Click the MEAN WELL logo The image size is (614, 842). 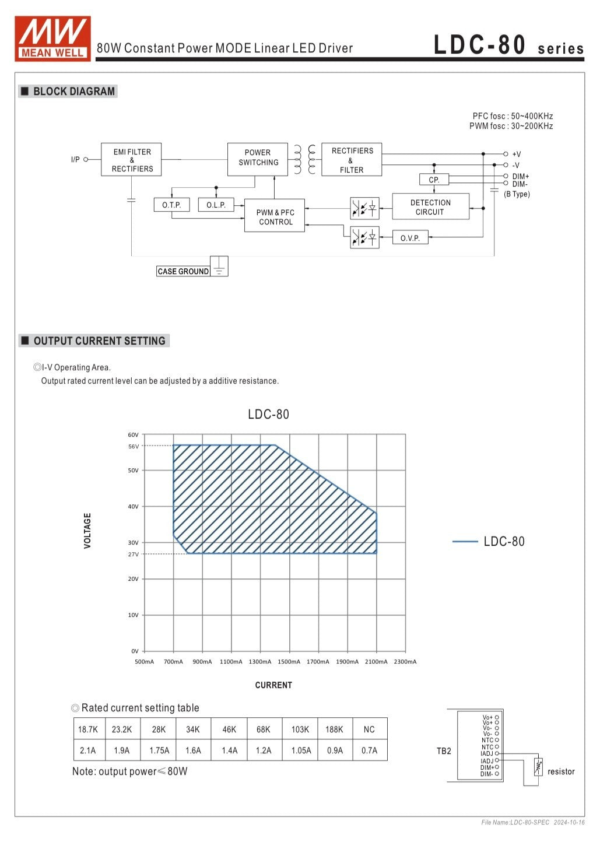(x=52, y=38)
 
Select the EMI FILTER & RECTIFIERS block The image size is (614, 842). (x=132, y=160)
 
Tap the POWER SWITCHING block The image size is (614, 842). (x=257, y=159)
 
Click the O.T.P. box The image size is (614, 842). (x=171, y=205)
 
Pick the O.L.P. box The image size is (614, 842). (x=216, y=205)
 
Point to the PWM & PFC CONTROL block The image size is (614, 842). (x=275, y=217)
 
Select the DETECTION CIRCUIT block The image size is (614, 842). (x=430, y=207)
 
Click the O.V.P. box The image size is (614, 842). (x=410, y=238)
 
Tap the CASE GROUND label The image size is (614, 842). (x=183, y=272)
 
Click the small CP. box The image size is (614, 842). (x=434, y=180)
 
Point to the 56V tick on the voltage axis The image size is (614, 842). (x=134, y=447)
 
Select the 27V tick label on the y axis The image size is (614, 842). (x=134, y=555)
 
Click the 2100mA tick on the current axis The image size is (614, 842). (x=376, y=662)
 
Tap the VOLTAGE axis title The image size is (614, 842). (x=87, y=531)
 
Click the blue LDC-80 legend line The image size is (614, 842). (x=465, y=542)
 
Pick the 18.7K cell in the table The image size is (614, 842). (x=88, y=729)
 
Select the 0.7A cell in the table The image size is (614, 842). (x=369, y=750)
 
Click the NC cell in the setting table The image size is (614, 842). (x=369, y=729)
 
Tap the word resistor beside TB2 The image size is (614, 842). (x=561, y=772)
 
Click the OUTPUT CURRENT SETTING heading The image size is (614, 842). (x=99, y=341)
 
